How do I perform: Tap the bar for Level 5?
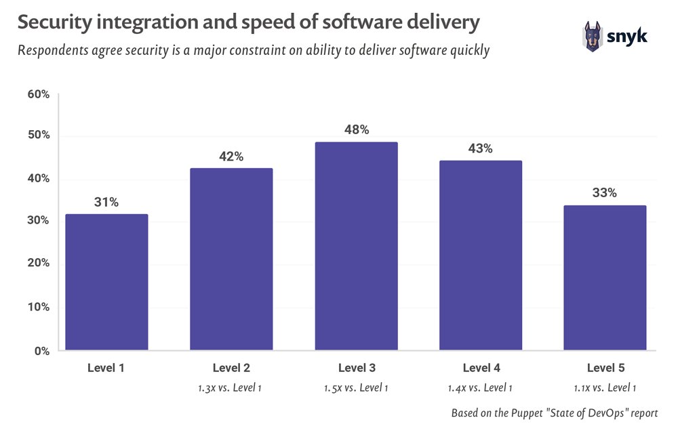click(605, 278)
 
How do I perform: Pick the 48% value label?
click(356, 129)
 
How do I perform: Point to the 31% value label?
click(106, 202)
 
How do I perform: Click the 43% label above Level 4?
click(481, 148)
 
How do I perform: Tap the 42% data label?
click(231, 157)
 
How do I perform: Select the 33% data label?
click(604, 192)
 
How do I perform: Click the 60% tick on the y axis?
click(38, 94)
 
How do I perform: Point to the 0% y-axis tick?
click(41, 350)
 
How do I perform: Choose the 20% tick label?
click(38, 264)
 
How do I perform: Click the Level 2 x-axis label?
click(231, 369)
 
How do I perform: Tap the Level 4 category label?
click(481, 369)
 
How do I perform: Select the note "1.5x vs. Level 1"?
click(356, 388)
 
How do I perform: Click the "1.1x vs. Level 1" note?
click(605, 388)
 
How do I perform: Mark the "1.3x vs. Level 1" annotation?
click(231, 388)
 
